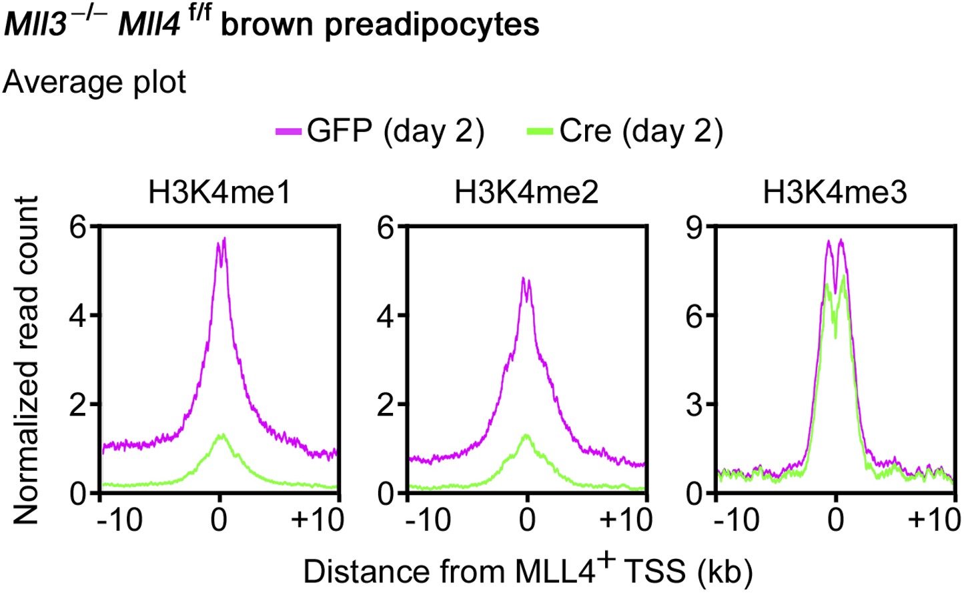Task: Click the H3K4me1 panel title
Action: pos(219,192)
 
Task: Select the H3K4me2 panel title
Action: pos(526,192)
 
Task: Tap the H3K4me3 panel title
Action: pos(835,192)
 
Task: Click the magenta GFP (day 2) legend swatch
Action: pos(290,131)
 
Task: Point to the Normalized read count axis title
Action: pos(26,360)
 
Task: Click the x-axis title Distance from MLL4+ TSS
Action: pos(528,571)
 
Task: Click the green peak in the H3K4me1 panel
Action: pos(221,436)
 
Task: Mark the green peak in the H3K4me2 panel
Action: pos(527,436)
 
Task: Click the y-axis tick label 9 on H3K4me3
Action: pos(696,227)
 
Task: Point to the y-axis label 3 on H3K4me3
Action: pos(696,405)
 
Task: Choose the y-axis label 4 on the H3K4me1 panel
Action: pos(79,316)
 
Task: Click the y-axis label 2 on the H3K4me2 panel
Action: pos(387,405)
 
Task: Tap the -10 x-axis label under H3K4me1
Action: pos(119,520)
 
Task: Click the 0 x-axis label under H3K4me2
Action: pos(527,520)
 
